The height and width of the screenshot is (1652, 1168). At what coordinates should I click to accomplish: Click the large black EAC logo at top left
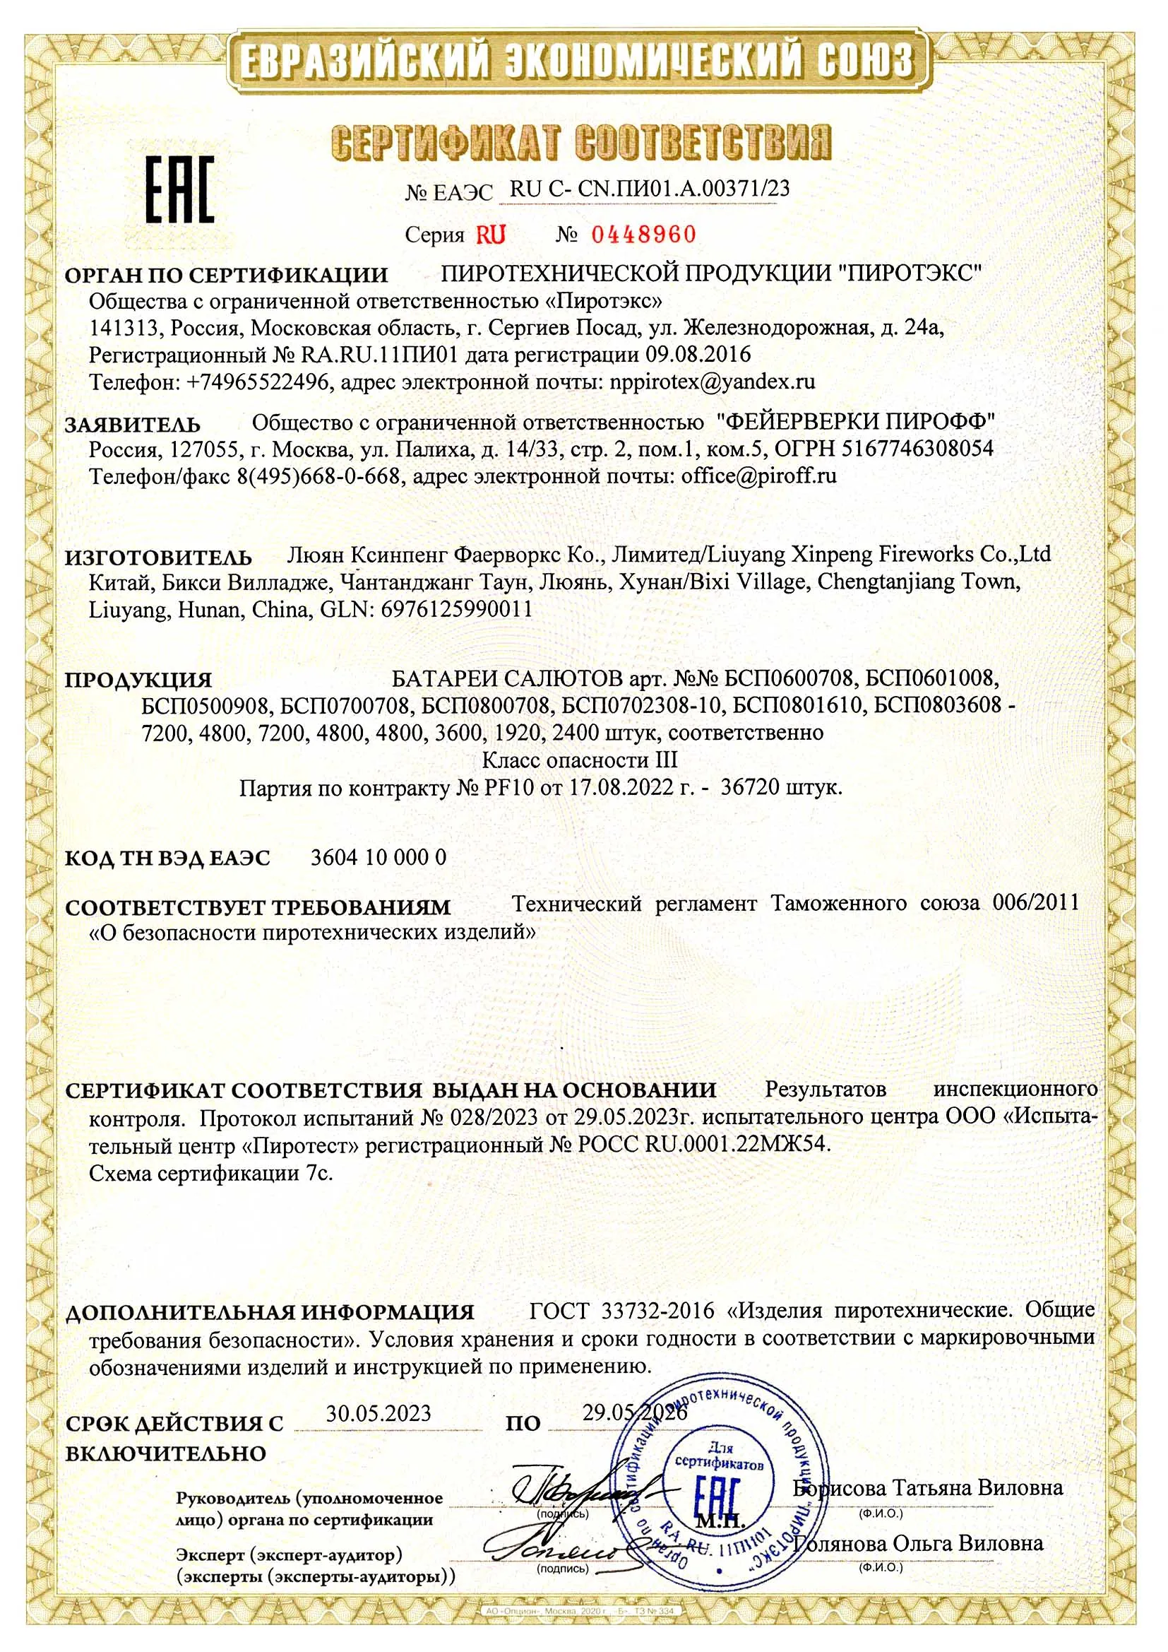[x=181, y=188]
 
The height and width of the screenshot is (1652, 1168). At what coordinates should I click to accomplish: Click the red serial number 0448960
[x=644, y=234]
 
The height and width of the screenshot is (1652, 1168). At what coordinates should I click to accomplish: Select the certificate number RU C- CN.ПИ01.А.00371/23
[x=650, y=189]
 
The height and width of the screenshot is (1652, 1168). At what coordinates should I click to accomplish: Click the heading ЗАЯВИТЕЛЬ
[x=133, y=424]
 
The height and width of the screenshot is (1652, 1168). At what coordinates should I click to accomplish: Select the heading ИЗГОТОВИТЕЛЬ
[x=159, y=557]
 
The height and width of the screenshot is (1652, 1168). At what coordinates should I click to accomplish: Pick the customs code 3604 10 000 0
[x=379, y=857]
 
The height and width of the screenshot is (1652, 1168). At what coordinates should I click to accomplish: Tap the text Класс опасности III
[x=579, y=760]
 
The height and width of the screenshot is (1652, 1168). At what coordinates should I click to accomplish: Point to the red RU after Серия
[x=490, y=235]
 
